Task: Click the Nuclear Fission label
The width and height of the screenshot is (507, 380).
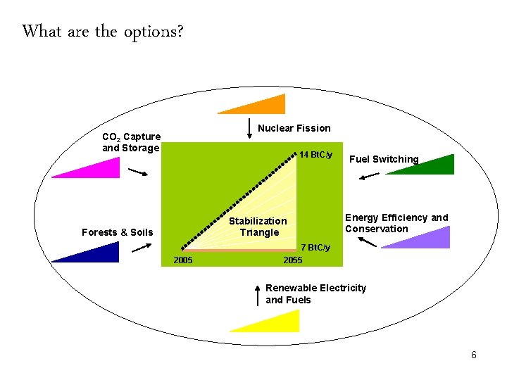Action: click(294, 128)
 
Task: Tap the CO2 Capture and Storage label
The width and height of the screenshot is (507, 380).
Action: click(131, 142)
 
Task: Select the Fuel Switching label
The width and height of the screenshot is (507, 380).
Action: click(384, 159)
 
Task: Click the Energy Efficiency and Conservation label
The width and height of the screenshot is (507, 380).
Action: click(396, 223)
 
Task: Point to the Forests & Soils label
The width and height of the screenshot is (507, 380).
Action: click(117, 232)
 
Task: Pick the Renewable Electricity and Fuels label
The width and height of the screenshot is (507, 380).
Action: click(315, 294)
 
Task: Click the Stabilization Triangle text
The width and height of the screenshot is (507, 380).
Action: click(258, 227)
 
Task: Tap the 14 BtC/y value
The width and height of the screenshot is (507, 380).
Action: click(315, 154)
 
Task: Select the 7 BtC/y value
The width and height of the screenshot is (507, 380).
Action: click(315, 248)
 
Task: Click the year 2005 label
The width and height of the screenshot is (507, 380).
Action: click(183, 260)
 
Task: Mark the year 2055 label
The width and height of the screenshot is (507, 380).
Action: click(292, 260)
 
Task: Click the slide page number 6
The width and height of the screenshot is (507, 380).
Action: click(474, 355)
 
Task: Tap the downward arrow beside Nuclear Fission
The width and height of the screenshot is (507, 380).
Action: click(248, 129)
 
